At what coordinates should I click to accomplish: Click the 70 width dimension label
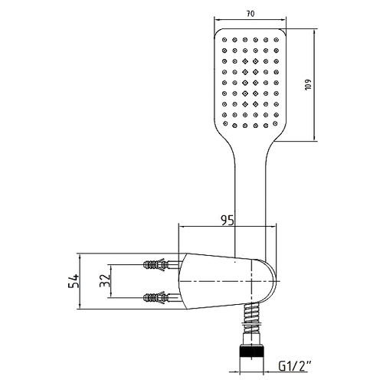tap(250, 14)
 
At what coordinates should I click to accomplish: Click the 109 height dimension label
tap(308, 84)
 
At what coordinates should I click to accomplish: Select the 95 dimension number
tap(228, 221)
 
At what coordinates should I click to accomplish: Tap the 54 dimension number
tap(74, 281)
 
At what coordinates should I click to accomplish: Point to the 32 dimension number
tap(105, 281)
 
